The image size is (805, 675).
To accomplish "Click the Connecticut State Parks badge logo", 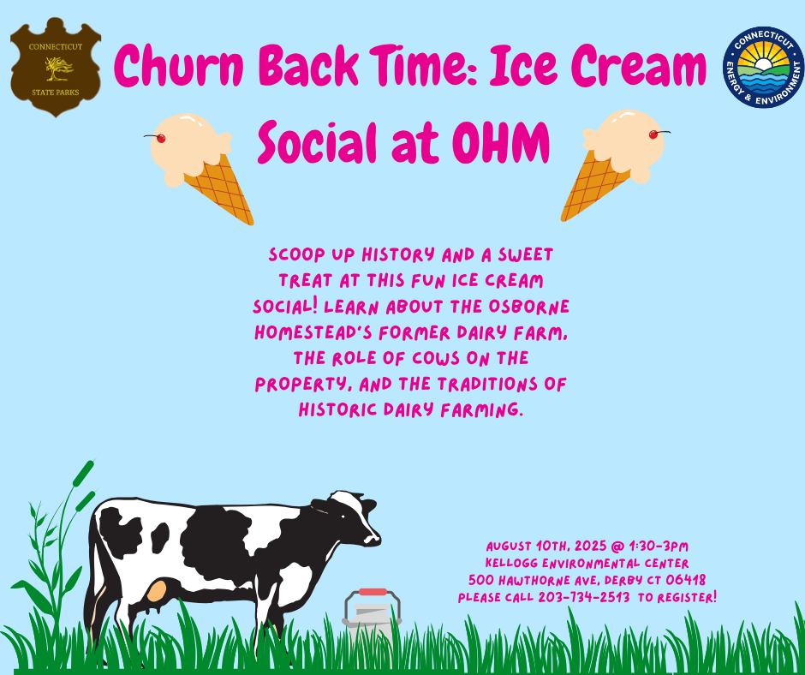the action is pos(56,67).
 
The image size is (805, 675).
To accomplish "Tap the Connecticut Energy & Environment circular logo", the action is pos(763,68).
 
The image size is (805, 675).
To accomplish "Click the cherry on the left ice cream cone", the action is pos(160,138).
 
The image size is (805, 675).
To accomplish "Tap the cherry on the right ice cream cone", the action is pos(653,134).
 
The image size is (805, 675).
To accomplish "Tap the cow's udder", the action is pos(156,591).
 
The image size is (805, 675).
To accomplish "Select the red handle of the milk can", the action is pos(373,592).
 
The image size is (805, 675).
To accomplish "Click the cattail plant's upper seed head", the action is pos(84,473).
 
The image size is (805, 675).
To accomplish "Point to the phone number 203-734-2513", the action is pos(584,597).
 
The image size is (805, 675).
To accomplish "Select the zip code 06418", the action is pos(685,580).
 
